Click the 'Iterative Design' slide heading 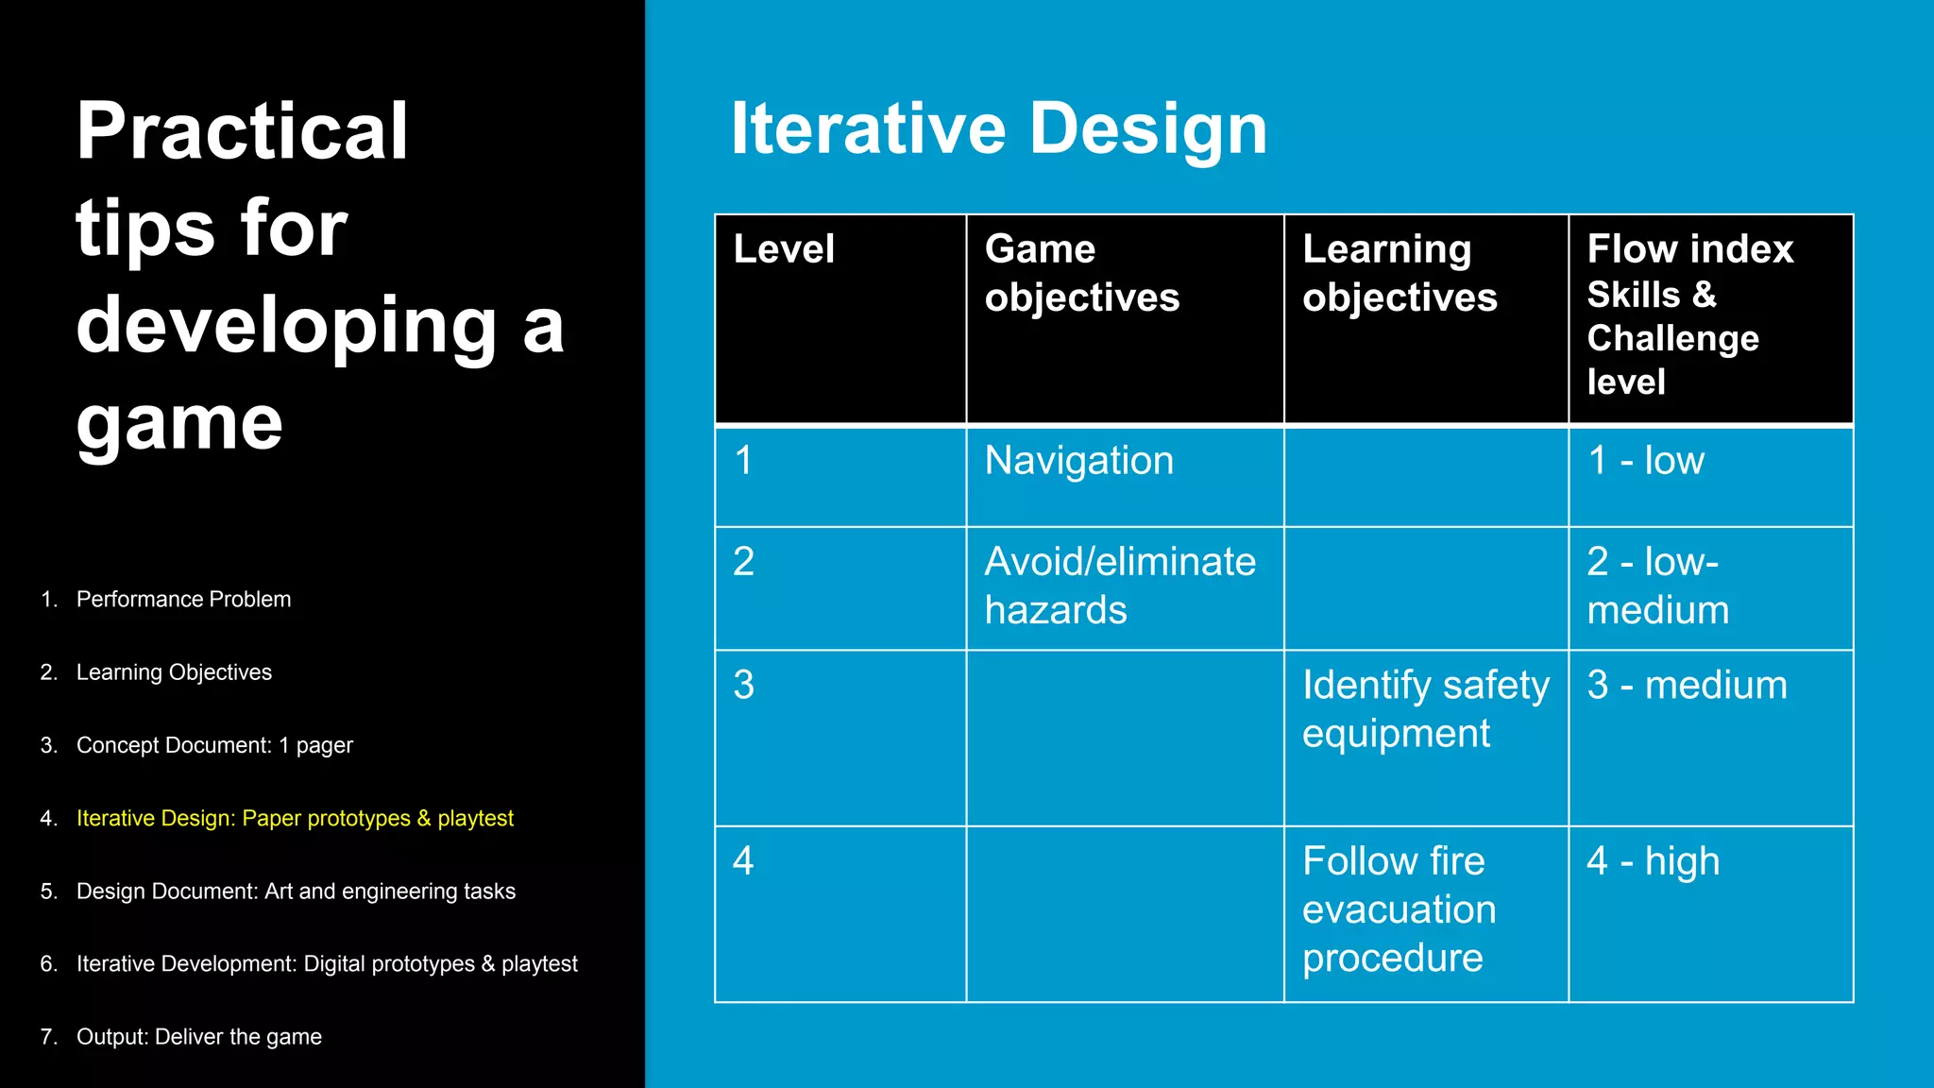[998, 129]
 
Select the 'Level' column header [784, 249]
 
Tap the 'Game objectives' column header [1081, 273]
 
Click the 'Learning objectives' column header [1400, 273]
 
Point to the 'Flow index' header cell [1689, 249]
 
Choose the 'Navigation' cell [1078, 461]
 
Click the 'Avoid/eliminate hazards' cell [1119, 586]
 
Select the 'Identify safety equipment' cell [1424, 708]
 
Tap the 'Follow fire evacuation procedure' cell [1399, 909]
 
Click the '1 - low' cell [1645, 461]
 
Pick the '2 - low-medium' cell [1657, 586]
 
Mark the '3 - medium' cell [1687, 685]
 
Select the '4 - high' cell [1653, 861]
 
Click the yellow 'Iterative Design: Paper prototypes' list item [295, 818]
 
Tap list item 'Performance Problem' [183, 599]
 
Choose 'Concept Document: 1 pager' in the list [214, 745]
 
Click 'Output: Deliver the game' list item [198, 1036]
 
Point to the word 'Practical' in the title [242, 131]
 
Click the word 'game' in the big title [179, 424]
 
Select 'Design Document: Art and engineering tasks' [296, 891]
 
